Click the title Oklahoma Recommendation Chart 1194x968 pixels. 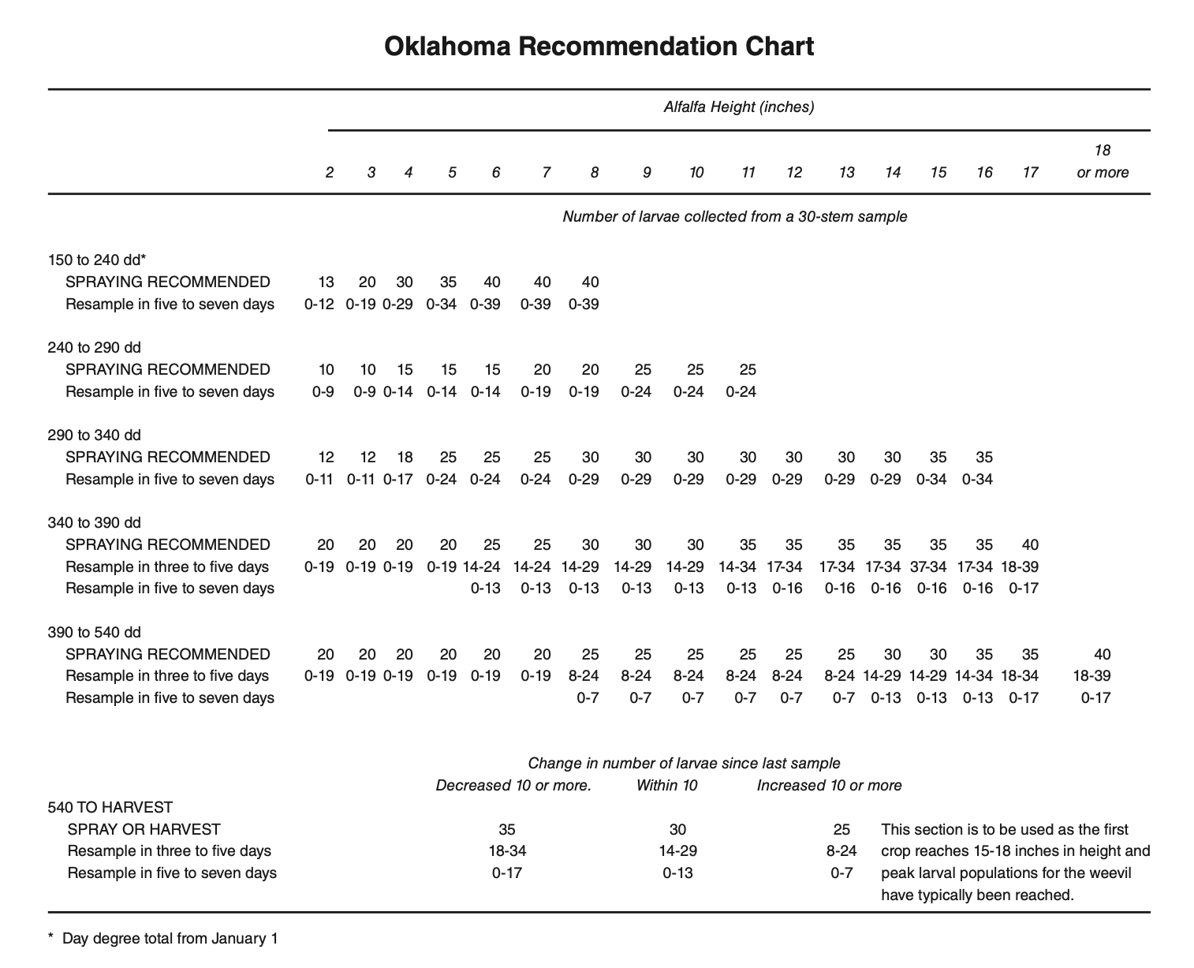[x=599, y=47]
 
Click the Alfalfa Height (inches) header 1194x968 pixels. [x=738, y=107]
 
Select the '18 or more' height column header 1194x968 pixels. [x=1102, y=161]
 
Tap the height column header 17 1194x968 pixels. [x=1030, y=172]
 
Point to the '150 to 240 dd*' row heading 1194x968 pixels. [x=97, y=260]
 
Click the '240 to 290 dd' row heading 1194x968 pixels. [x=94, y=347]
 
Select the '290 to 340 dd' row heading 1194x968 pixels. [x=94, y=435]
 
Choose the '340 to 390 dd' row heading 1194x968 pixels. [x=94, y=522]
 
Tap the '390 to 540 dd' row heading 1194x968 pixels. [x=94, y=632]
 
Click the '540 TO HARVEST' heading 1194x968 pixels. [x=110, y=807]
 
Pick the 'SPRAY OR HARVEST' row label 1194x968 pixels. [x=144, y=829]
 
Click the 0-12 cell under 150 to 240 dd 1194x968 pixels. [x=319, y=304]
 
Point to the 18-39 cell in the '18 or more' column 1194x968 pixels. [x=1091, y=675]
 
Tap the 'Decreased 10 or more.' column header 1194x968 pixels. [x=513, y=785]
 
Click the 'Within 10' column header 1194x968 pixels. [x=666, y=785]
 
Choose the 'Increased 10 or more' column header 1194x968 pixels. [x=829, y=785]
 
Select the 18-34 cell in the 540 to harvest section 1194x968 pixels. [x=507, y=850]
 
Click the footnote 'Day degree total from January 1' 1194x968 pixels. [x=170, y=938]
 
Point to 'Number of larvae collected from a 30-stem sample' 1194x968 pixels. [x=734, y=216]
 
